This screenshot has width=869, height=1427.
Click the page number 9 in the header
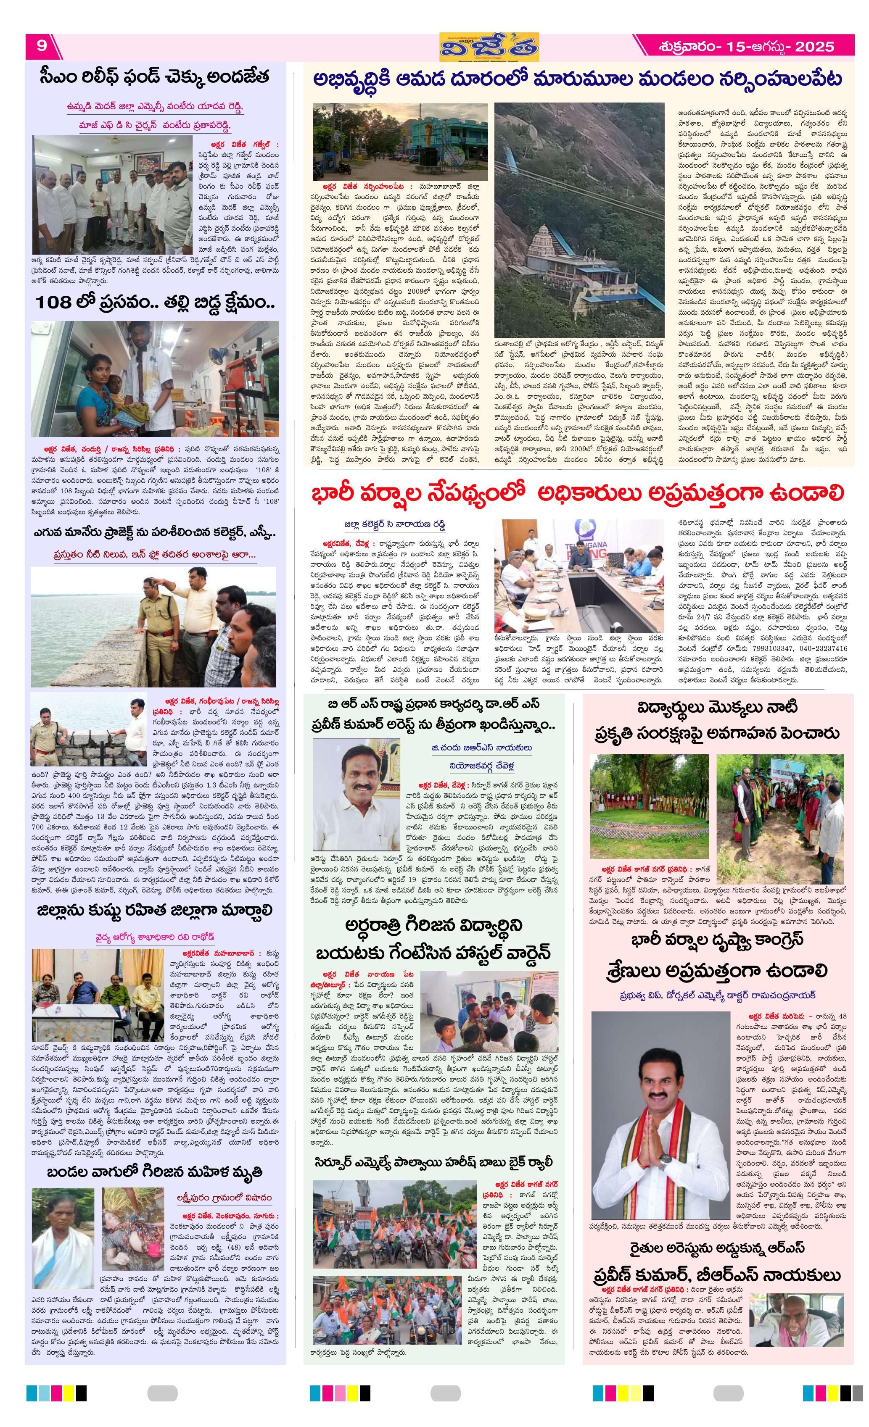pyautogui.click(x=42, y=45)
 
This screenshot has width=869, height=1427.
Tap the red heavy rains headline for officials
pyautogui.click(x=577, y=493)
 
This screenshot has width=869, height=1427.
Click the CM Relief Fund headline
pyautogui.click(x=155, y=77)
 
